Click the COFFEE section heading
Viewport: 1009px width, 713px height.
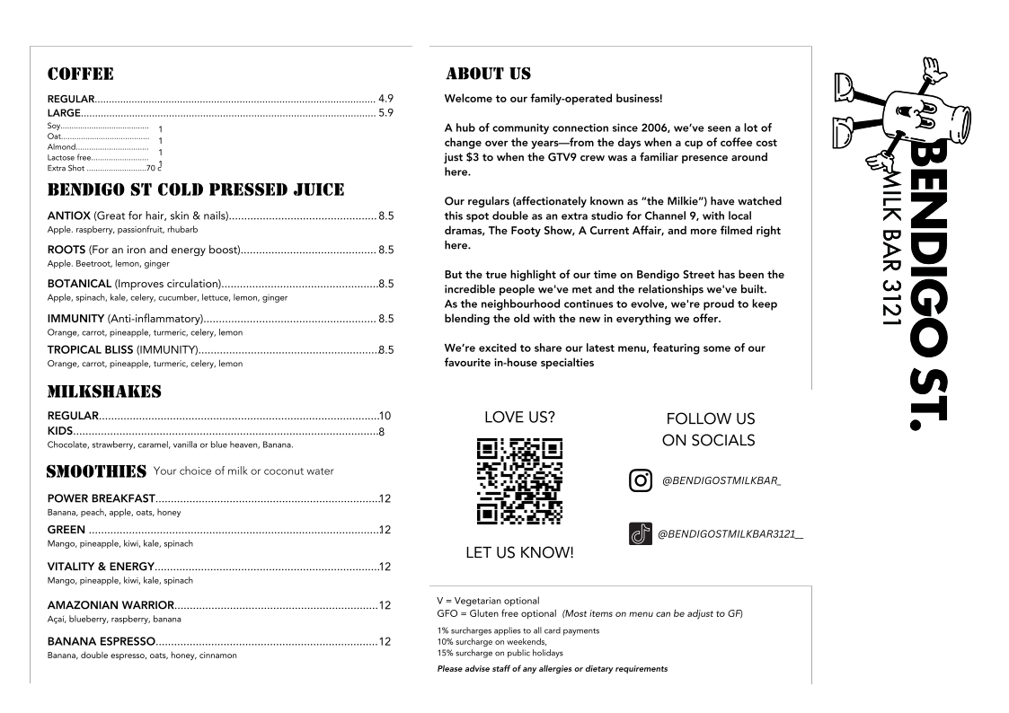tap(80, 74)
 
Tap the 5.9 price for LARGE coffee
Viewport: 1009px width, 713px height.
tap(385, 113)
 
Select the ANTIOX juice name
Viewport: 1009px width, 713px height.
tap(68, 216)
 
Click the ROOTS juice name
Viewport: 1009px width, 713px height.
tap(66, 250)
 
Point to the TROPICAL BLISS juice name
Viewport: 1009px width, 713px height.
tap(90, 349)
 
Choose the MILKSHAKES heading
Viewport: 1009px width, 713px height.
tap(104, 392)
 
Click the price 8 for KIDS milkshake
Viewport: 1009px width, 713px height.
tap(382, 432)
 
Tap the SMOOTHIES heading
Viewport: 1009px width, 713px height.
tap(96, 471)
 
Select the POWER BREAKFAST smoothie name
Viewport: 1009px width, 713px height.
tap(101, 498)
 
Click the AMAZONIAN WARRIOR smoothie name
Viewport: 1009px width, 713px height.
tap(110, 604)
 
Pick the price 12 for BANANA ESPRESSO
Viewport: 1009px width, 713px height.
tap(385, 642)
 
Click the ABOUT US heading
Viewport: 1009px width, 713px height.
tap(488, 74)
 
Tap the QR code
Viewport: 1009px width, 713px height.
tap(519, 480)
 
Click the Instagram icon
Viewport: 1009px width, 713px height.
tap(641, 480)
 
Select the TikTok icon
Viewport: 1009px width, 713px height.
tap(640, 534)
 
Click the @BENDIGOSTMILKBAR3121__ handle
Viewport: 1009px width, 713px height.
tap(730, 534)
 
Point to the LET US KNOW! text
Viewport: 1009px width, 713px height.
tap(519, 553)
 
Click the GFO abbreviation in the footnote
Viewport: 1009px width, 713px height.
tap(447, 614)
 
